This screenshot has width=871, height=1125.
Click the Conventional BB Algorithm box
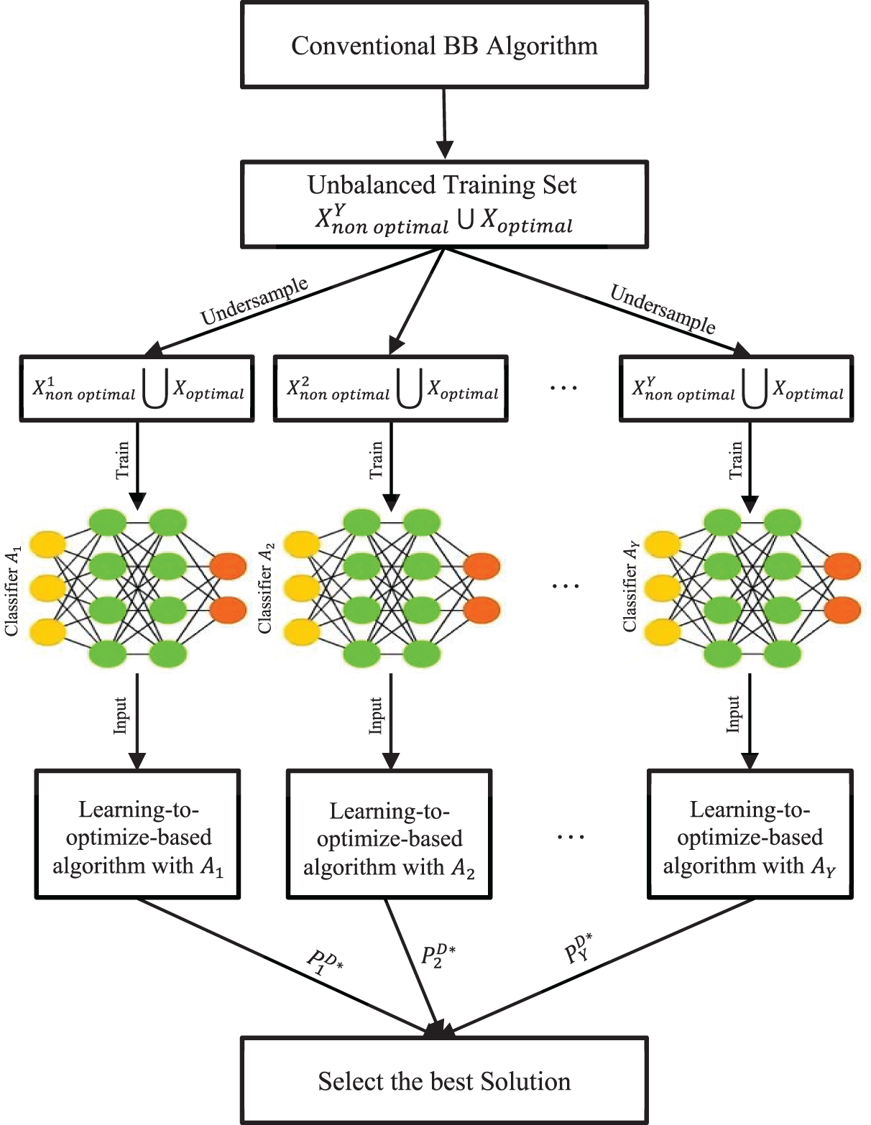click(444, 45)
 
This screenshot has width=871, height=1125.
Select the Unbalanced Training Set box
click(444, 204)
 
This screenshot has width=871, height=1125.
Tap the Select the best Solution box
click(444, 1080)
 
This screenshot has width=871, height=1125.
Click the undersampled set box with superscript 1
click(137, 388)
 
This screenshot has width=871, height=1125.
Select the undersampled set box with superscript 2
click(390, 388)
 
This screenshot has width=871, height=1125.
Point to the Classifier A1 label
click(13, 590)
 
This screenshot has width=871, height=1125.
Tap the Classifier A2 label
click(266, 588)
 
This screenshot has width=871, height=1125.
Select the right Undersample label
click(663, 309)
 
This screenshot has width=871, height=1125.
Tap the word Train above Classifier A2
click(377, 460)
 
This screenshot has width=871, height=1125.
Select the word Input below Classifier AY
click(734, 715)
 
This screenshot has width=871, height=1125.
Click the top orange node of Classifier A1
click(228, 566)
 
